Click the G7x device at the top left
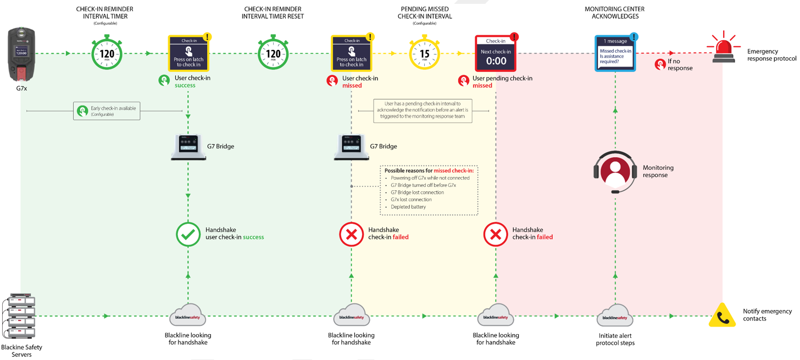point(21,55)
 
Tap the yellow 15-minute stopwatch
point(424,54)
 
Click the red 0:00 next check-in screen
point(496,54)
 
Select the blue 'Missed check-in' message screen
point(615,53)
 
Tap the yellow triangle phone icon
point(722,316)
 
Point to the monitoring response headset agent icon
point(615,171)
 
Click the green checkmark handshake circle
point(188,234)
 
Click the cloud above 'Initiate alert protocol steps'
point(615,316)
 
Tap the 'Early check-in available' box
point(107,111)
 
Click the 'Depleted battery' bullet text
point(408,207)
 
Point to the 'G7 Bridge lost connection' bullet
point(417,192)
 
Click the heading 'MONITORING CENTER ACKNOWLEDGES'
point(614,13)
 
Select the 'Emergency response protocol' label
point(771,55)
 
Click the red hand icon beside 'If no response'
point(660,65)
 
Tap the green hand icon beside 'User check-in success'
point(164,81)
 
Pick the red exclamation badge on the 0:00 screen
point(514,37)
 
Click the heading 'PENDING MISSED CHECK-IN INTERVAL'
point(424,13)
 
